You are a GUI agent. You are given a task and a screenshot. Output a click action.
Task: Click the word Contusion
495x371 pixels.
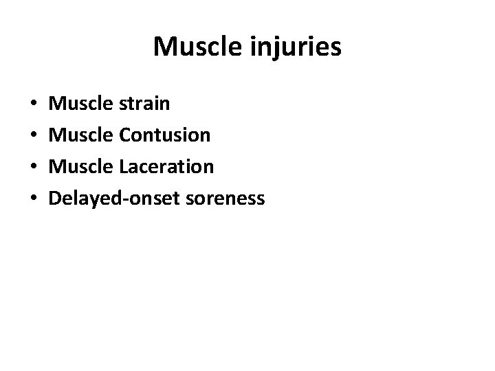click(164, 135)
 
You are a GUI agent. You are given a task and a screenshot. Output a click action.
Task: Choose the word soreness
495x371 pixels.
click(223, 199)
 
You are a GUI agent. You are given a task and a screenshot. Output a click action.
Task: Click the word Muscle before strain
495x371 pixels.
click(81, 104)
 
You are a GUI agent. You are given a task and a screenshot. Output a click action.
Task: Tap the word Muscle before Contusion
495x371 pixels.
click(81, 135)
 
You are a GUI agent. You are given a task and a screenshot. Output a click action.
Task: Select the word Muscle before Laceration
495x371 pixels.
click(81, 167)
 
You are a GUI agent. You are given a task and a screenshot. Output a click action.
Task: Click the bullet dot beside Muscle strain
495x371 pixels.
click(34, 105)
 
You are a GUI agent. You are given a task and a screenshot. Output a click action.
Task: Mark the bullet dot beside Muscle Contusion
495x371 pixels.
click(34, 137)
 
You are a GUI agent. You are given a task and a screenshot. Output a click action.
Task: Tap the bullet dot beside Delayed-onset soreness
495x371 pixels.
click(34, 200)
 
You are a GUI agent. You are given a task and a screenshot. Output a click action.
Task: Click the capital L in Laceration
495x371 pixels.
click(122, 167)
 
